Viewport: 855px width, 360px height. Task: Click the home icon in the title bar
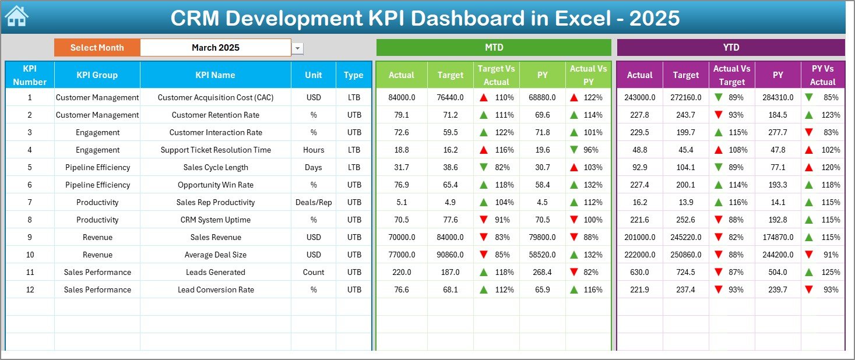point(16,16)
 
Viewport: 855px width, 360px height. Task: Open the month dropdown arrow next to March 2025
point(298,48)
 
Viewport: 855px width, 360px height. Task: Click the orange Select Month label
point(97,48)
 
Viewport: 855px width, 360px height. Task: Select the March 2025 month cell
point(216,48)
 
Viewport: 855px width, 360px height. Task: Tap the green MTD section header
point(494,48)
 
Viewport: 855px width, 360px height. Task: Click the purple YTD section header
point(730,48)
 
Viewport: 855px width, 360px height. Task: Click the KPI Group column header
point(97,75)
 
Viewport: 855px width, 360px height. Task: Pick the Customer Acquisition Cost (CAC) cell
point(216,97)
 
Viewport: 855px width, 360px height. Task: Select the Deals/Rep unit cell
point(314,202)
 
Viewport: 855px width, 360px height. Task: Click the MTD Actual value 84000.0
point(402,97)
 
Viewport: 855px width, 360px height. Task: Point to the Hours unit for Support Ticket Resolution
point(314,150)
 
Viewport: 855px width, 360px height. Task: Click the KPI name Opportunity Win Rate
point(216,185)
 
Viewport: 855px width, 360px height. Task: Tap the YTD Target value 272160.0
point(685,97)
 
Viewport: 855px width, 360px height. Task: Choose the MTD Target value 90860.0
point(451,255)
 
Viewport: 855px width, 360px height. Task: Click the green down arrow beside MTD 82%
point(484,167)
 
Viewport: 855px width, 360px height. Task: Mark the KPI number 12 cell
point(30,290)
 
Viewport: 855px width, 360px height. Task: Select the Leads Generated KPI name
point(216,272)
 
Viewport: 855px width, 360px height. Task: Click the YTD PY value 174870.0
point(777,237)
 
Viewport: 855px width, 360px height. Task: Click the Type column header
point(354,75)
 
